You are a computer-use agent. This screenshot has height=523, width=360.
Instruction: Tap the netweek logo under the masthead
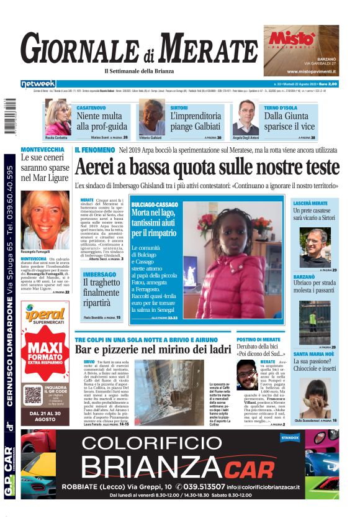pos(38,84)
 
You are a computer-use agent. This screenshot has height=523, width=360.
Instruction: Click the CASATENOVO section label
pos(94,107)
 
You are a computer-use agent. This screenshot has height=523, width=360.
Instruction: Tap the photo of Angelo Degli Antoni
pos(246,119)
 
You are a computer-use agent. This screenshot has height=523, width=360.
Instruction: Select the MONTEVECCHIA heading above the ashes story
pos(42,150)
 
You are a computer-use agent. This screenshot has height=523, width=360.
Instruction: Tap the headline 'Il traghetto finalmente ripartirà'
pos(101,294)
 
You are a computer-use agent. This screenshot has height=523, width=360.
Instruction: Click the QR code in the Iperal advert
pos(32,394)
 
